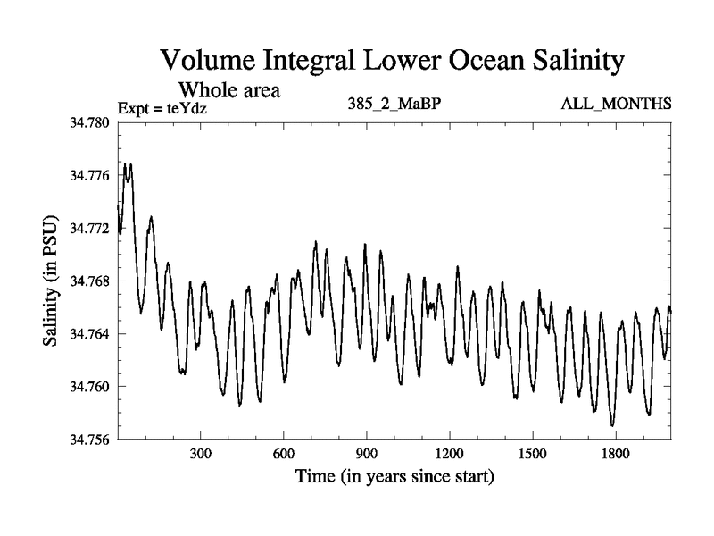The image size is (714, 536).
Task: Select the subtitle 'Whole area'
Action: point(230,89)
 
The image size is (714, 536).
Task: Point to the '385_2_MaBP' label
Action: point(395,104)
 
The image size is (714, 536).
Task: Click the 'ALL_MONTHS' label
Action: point(616,104)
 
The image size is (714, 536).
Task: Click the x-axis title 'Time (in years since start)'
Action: point(394,476)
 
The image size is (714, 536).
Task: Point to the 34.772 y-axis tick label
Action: point(89,228)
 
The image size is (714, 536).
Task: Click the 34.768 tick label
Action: point(89,281)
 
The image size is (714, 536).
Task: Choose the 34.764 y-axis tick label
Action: point(89,333)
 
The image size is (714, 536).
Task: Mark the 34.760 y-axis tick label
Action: point(89,386)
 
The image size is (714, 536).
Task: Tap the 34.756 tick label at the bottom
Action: point(89,439)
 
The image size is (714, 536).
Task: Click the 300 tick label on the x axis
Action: point(200,454)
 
